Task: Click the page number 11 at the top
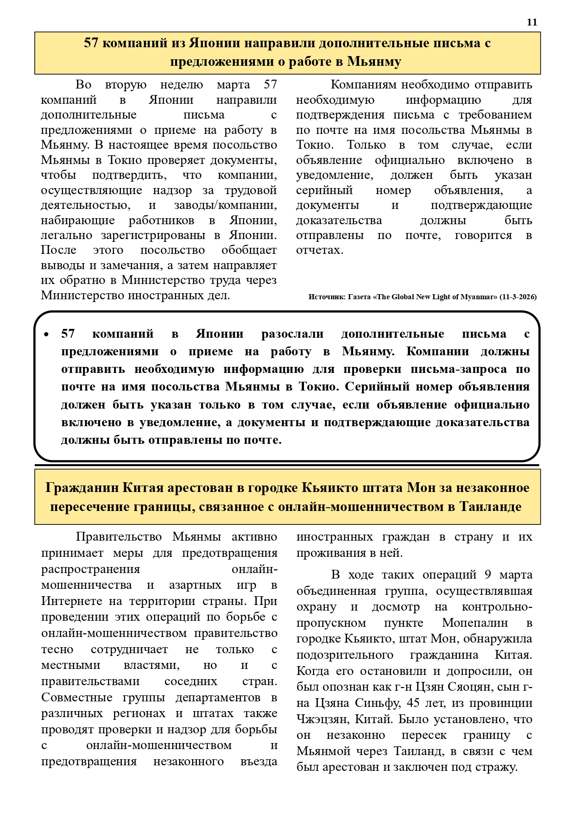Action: pos(532,22)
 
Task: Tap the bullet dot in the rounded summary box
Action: pos(46,334)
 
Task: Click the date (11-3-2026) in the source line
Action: pos(518,297)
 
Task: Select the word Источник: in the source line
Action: pos(327,297)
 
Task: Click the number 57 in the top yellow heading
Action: pos(91,43)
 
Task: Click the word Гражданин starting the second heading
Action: pos(82,487)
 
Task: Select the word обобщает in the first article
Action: pos(249,250)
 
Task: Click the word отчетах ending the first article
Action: pos(319,250)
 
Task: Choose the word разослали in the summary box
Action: pos(292,334)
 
